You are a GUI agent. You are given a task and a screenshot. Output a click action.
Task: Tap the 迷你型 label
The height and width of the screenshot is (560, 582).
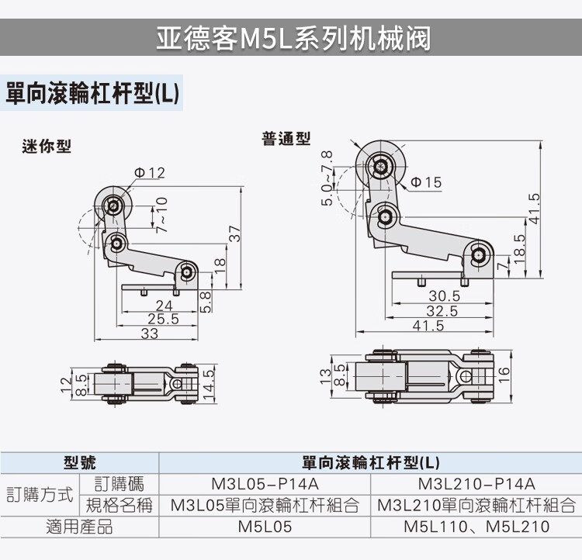pos(47,146)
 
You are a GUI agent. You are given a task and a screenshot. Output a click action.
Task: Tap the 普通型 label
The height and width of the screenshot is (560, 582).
pos(286,140)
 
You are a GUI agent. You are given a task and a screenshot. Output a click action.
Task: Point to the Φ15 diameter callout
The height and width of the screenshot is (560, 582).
pos(425,181)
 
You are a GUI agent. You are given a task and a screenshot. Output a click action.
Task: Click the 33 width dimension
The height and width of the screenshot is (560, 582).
pos(149,334)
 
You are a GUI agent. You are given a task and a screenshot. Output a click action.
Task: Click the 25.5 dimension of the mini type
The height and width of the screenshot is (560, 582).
pos(163,319)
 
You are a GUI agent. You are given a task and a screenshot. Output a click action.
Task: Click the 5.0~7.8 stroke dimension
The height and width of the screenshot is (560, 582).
pos(328,178)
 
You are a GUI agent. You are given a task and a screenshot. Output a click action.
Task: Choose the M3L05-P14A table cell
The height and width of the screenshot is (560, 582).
pos(265,485)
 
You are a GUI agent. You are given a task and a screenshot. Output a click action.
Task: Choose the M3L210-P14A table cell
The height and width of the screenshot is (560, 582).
pos(476,485)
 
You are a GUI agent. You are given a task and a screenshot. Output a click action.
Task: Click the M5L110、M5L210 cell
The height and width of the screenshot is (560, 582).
pos(476,527)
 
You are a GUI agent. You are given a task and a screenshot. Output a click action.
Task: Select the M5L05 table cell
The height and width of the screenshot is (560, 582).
pos(265,527)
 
